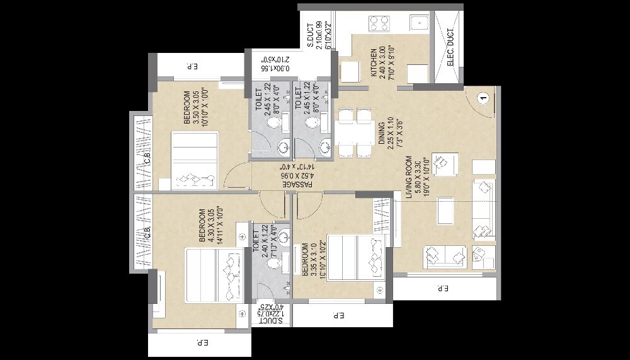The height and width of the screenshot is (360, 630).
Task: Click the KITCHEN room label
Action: (374, 62)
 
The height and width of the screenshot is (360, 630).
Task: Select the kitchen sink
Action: (418, 23)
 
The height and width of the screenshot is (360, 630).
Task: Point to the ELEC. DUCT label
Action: (450, 47)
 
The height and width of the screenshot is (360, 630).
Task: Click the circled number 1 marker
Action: (483, 98)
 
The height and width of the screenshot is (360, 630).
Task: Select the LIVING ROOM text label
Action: (409, 178)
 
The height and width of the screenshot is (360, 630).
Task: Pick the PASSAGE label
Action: (290, 184)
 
